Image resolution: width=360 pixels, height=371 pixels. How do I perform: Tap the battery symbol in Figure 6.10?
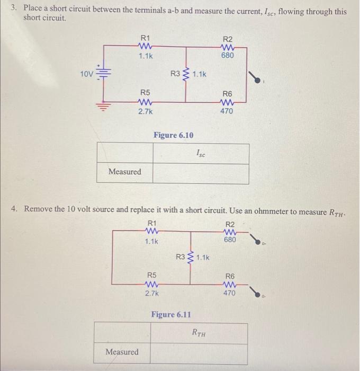(104, 74)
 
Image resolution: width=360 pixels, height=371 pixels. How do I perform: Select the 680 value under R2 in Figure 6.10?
(228, 55)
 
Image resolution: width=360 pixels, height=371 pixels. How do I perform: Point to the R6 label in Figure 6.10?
(226, 92)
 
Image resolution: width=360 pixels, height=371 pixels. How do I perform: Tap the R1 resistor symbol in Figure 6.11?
(152, 231)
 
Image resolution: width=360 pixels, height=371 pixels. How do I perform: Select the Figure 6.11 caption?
(171, 314)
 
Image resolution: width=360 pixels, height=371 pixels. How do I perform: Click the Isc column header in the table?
(201, 154)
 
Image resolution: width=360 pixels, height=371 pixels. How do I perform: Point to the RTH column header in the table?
(199, 333)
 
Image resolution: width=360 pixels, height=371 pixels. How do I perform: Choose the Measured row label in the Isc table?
(125, 172)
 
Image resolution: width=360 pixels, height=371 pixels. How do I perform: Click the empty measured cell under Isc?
(201, 173)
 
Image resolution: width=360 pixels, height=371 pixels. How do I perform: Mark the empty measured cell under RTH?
(199, 352)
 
